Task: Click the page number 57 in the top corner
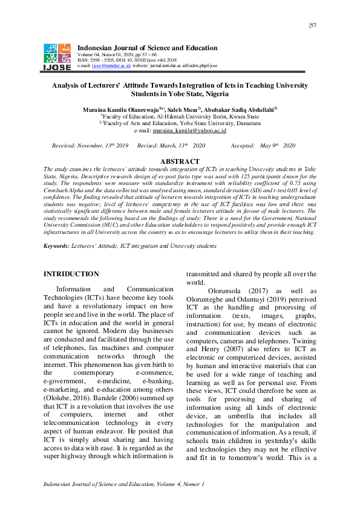(x=313, y=25)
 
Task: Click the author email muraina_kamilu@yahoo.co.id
(x=189, y=130)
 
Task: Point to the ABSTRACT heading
(x=180, y=161)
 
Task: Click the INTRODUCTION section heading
(x=71, y=274)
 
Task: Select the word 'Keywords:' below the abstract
(x=56, y=245)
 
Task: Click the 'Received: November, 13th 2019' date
(x=90, y=146)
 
